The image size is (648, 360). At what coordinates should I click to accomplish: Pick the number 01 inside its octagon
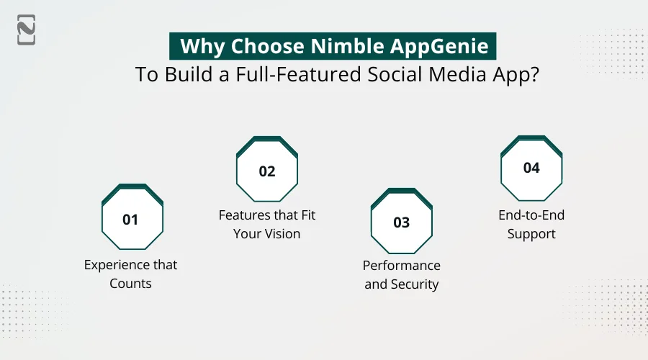click(x=130, y=220)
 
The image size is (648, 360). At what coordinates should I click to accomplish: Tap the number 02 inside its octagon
click(x=267, y=171)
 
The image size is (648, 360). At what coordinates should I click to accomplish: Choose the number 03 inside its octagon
click(x=401, y=222)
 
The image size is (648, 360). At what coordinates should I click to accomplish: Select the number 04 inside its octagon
click(x=531, y=168)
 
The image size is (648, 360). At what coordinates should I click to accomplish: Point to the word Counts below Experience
click(x=130, y=283)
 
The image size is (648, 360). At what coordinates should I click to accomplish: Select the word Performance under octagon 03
click(x=401, y=266)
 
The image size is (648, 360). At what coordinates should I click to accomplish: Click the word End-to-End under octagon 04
click(x=531, y=215)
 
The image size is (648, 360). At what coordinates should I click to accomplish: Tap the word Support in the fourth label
click(x=531, y=233)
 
